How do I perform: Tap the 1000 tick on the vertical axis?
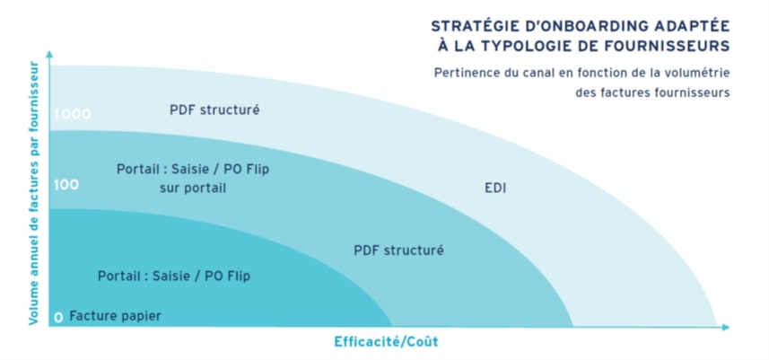coord(72,114)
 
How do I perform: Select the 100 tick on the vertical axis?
coord(66,185)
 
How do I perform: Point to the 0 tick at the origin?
coord(57,317)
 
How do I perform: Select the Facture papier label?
coord(115,315)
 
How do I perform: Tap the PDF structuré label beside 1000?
coord(214,110)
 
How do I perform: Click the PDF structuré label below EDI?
coord(398,250)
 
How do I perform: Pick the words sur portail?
coord(199,188)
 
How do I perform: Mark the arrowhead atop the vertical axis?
coord(50,56)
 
